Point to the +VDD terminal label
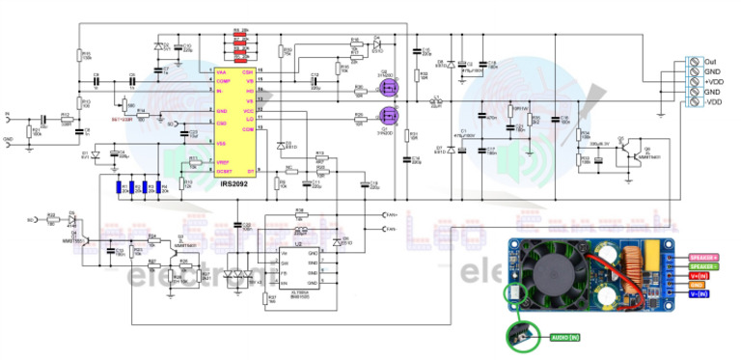713,81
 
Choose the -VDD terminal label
714,101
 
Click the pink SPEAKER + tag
702,257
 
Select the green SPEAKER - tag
702,266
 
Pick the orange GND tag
697,286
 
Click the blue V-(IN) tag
698,294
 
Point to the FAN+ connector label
391,214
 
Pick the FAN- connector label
391,229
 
